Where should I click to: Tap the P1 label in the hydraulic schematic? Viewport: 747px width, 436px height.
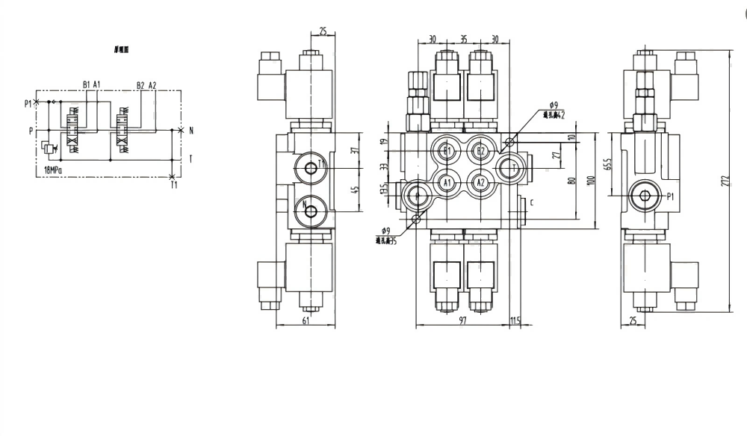tap(28, 104)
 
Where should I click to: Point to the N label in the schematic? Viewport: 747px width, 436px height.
tap(191, 131)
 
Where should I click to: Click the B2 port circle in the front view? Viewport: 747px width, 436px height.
tap(482, 152)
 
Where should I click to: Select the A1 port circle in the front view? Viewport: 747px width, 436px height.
tap(447, 181)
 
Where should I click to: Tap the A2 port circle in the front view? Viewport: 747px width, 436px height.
tap(482, 181)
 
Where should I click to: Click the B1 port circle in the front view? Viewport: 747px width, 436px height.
tap(447, 152)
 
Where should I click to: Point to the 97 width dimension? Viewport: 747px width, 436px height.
tap(463, 320)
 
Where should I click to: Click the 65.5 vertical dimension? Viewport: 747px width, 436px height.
tap(609, 165)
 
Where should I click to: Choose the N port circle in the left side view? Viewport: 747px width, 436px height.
tap(309, 211)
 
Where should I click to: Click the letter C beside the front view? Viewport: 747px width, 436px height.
tap(531, 202)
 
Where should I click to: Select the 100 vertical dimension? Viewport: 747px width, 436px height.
tap(590, 181)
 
